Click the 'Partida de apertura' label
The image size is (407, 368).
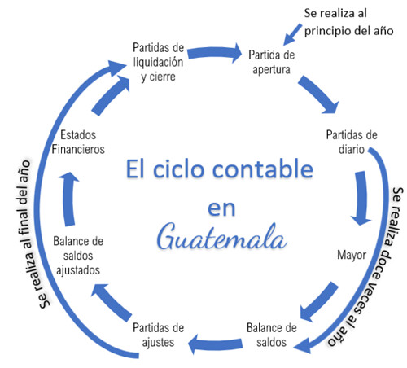[272, 62]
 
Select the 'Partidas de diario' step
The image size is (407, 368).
[352, 142]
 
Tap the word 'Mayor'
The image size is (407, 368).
[352, 255]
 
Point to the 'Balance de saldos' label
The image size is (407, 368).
[272, 335]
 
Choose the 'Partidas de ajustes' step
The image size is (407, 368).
[159, 335]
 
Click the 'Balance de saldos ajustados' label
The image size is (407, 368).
[78, 256]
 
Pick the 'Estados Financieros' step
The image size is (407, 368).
[78, 142]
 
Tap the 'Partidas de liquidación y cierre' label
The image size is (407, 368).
[159, 62]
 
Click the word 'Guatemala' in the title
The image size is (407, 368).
[222, 237]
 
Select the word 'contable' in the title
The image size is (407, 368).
[263, 169]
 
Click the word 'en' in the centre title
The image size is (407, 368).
[221, 208]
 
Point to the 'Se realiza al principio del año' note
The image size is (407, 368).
[348, 23]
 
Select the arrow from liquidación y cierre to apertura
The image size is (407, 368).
[214, 53]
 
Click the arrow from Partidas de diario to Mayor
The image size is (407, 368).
[361, 198]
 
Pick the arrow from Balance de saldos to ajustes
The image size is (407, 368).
[215, 344]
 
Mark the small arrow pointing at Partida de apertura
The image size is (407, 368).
[292, 34]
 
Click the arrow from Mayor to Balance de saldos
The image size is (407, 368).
[320, 302]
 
